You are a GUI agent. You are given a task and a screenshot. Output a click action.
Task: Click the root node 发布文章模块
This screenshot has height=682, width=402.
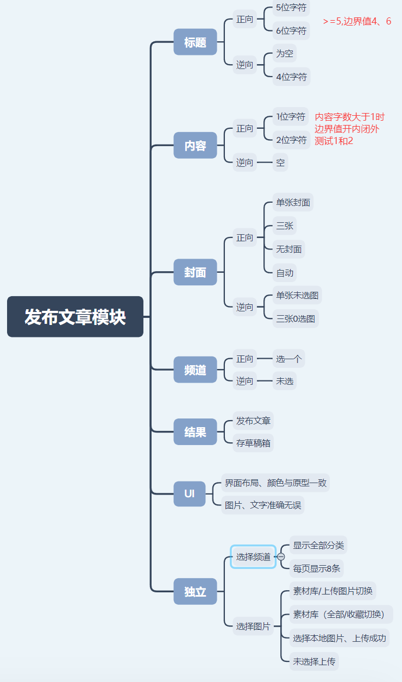pyautogui.click(x=75, y=317)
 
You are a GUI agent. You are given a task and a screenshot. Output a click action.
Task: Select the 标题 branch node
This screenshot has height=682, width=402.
pyautogui.click(x=195, y=42)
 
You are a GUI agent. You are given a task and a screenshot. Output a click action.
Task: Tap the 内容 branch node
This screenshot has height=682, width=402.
pyautogui.click(x=195, y=145)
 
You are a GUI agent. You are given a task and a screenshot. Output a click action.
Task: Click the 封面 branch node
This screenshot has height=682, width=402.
pyautogui.click(x=195, y=272)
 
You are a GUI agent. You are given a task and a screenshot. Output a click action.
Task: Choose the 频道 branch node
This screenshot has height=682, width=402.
pyautogui.click(x=195, y=370)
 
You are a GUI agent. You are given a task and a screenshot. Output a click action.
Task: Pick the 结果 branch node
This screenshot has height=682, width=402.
pyautogui.click(x=195, y=432)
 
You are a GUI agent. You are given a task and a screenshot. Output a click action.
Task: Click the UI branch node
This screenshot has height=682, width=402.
pyautogui.click(x=190, y=493)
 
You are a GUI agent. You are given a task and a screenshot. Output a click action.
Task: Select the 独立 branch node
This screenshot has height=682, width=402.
pyautogui.click(x=195, y=591)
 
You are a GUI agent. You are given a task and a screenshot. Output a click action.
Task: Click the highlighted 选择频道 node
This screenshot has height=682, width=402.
pyautogui.click(x=253, y=556)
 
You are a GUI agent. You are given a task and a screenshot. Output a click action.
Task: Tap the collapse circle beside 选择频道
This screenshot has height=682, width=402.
pyautogui.click(x=281, y=556)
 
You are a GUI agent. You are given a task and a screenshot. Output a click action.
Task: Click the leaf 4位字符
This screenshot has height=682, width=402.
pyautogui.click(x=291, y=77)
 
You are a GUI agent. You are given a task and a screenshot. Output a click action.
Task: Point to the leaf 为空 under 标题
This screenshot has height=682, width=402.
pyautogui.click(x=285, y=53)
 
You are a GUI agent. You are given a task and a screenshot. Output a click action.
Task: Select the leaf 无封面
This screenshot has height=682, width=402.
pyautogui.click(x=288, y=249)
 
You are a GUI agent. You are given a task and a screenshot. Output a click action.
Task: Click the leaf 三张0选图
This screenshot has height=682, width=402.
pyautogui.click(x=296, y=318)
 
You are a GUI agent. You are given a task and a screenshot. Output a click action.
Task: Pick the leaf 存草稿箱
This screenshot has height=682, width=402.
pyautogui.click(x=253, y=443)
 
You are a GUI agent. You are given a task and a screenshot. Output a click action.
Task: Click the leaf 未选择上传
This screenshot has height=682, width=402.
pyautogui.click(x=314, y=661)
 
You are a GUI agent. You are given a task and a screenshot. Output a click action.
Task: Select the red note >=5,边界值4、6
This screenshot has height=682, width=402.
pyautogui.click(x=357, y=21)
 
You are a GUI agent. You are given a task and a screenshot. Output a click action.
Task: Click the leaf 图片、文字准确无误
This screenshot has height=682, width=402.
pyautogui.click(x=263, y=505)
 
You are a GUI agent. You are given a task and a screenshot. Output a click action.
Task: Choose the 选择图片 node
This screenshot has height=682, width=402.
pyautogui.click(x=253, y=626)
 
